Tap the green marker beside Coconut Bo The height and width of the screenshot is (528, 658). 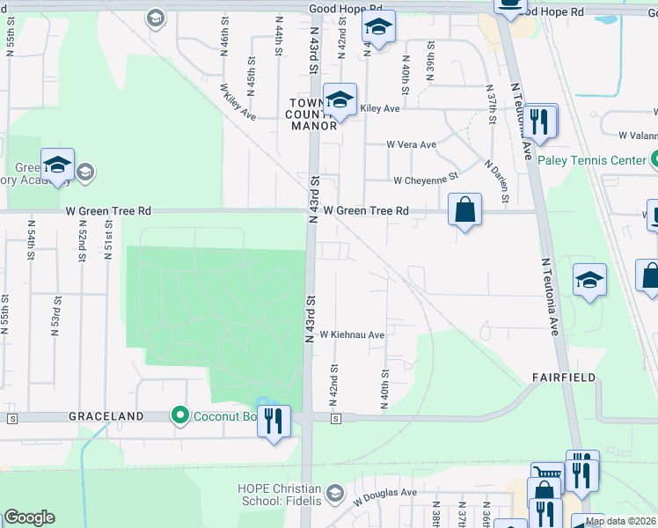pyautogui.click(x=181, y=414)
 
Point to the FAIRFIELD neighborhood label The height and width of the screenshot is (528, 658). pyautogui.click(x=563, y=377)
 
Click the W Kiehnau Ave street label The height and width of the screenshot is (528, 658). pyautogui.click(x=352, y=335)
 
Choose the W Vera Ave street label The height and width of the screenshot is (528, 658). pyautogui.click(x=411, y=145)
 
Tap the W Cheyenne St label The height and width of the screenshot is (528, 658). pyautogui.click(x=426, y=180)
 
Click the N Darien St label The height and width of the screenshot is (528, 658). pyautogui.click(x=496, y=180)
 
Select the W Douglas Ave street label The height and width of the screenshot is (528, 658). pyautogui.click(x=385, y=495)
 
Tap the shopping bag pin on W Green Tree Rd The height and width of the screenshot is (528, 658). pyautogui.click(x=464, y=210)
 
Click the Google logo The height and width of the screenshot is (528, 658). pyautogui.click(x=30, y=517)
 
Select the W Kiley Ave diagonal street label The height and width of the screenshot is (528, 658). pyautogui.click(x=238, y=102)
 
